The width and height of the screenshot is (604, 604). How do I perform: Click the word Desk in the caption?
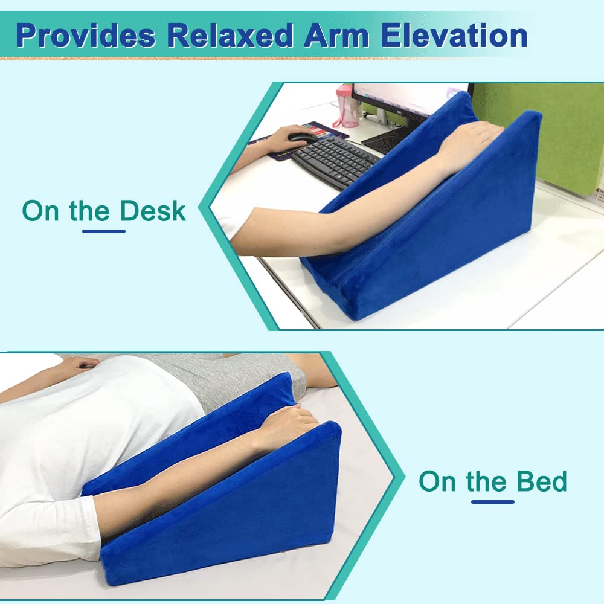tap(152, 211)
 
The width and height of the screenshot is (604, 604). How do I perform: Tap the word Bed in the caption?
tap(541, 481)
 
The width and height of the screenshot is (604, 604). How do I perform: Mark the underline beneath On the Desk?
tap(103, 230)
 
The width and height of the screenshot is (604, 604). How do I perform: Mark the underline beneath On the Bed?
tap(492, 501)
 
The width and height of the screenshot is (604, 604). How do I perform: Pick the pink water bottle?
tap(347, 106)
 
